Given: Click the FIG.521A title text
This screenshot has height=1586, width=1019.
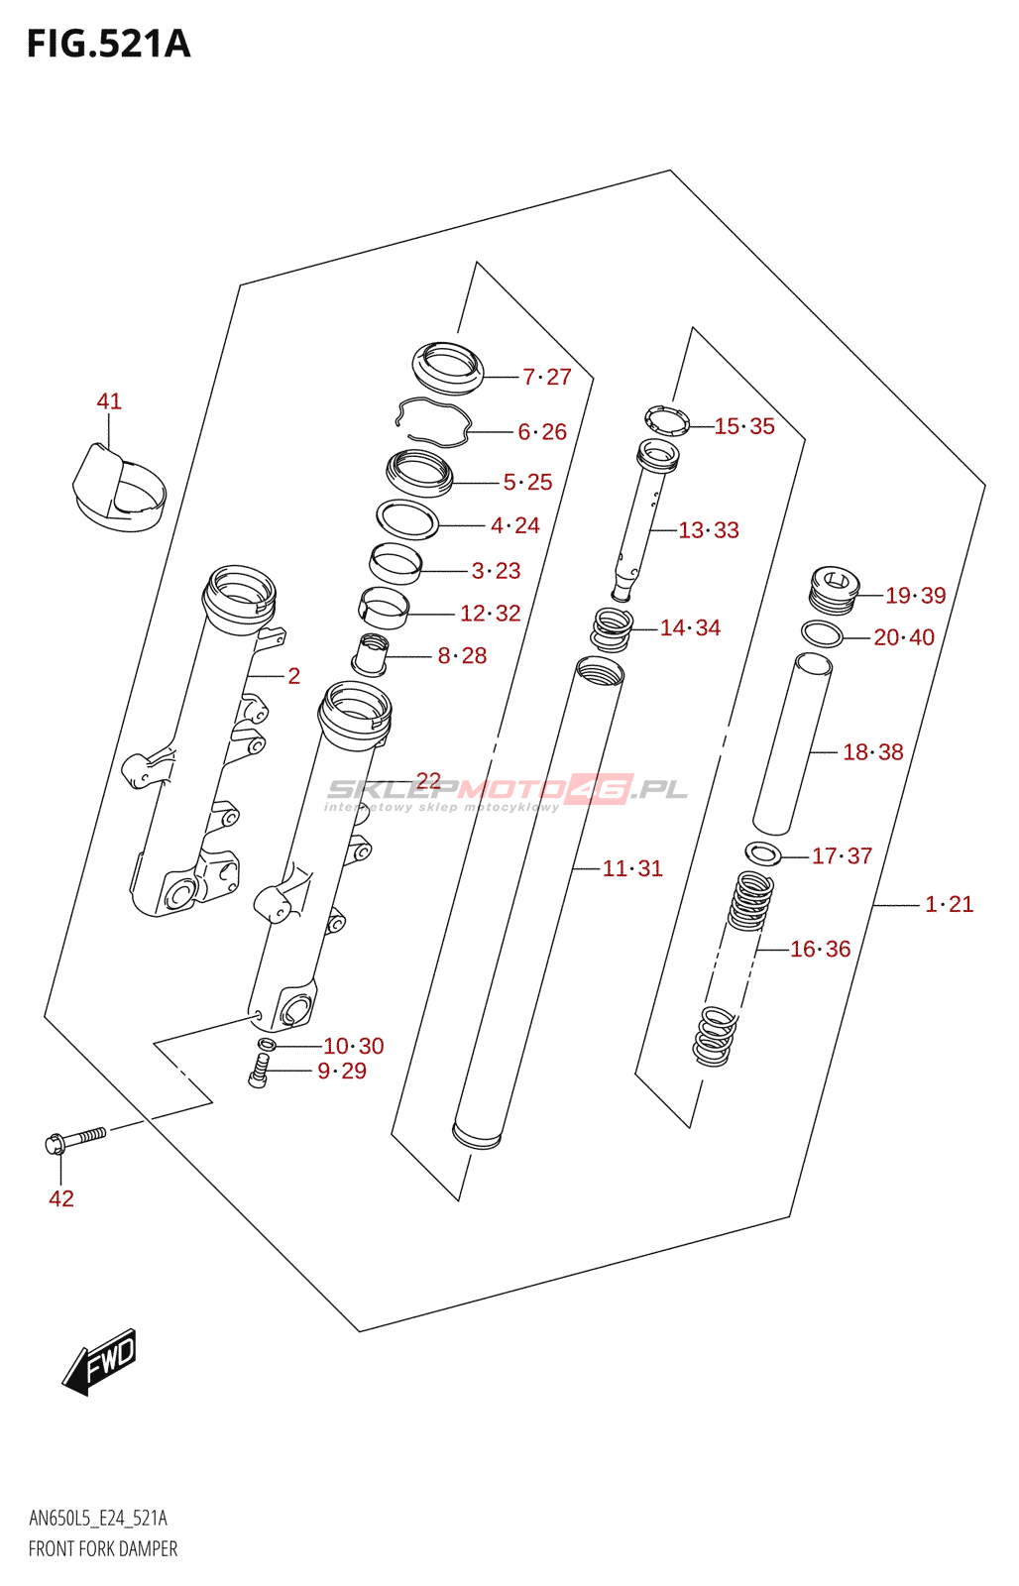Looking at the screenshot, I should (x=108, y=45).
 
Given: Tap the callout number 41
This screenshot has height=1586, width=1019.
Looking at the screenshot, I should (x=109, y=401).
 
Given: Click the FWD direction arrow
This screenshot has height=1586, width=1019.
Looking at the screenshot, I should (x=100, y=1361).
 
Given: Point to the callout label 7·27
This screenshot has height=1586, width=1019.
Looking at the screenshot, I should (x=547, y=377).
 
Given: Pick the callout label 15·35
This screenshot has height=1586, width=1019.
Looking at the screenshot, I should (x=744, y=426).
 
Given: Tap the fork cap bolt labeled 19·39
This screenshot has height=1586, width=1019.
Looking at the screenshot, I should (x=834, y=590).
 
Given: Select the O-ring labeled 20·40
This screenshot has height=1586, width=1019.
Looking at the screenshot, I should (x=822, y=633).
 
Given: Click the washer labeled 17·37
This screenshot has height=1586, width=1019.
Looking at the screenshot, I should (x=762, y=852).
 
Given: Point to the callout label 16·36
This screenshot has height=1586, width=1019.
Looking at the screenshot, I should (x=821, y=949).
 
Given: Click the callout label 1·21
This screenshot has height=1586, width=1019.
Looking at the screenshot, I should (x=950, y=904).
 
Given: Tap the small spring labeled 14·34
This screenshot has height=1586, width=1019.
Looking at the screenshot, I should (x=612, y=628).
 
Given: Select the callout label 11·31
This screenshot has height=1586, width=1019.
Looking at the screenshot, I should (x=632, y=868).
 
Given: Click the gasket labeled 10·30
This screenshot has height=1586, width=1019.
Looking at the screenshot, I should (x=266, y=1045).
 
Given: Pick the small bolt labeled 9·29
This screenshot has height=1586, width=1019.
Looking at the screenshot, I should (x=259, y=1072).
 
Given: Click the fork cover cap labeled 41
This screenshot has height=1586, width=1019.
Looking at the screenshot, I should (x=118, y=487).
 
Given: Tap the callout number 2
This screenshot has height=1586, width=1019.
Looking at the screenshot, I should (x=293, y=676).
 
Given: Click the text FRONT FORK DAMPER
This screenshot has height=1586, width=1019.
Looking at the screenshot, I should (x=103, y=1548).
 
